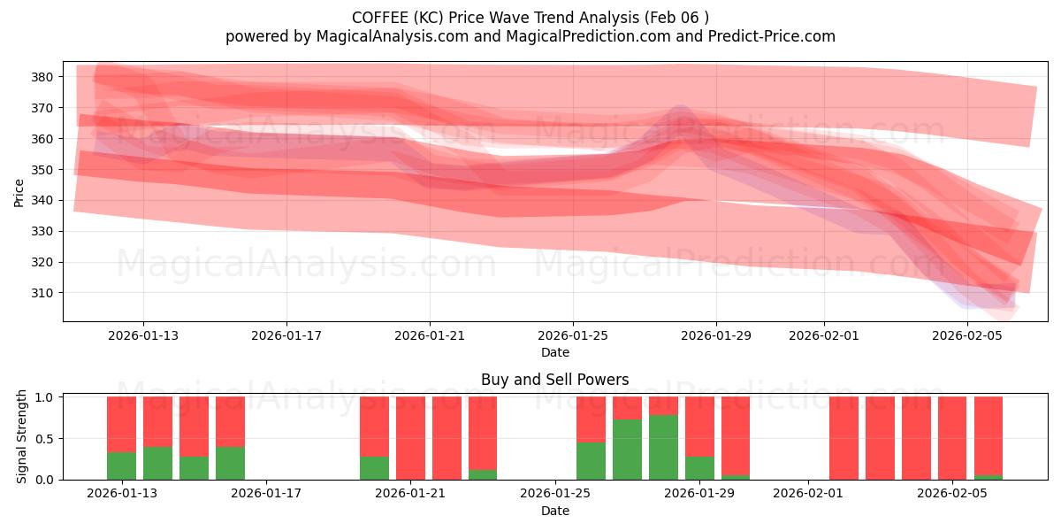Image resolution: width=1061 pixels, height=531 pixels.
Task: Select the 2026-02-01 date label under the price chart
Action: (x=824, y=336)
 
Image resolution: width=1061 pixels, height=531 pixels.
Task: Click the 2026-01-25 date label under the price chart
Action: (x=573, y=336)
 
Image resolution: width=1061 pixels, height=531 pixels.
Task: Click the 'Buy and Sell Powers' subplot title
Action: (x=554, y=380)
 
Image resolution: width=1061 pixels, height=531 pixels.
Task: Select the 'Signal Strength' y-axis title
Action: (x=23, y=437)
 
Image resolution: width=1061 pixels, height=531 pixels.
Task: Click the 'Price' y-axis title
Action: (x=19, y=191)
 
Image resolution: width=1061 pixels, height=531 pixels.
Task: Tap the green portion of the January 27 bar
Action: (x=627, y=450)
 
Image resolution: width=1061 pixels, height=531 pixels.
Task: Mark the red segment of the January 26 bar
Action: (x=591, y=419)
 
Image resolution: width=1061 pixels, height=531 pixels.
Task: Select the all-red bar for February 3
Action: (x=880, y=438)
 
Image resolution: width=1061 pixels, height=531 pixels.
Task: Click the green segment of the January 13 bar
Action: (x=121, y=466)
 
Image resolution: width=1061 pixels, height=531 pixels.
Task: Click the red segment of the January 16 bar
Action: (x=230, y=421)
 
